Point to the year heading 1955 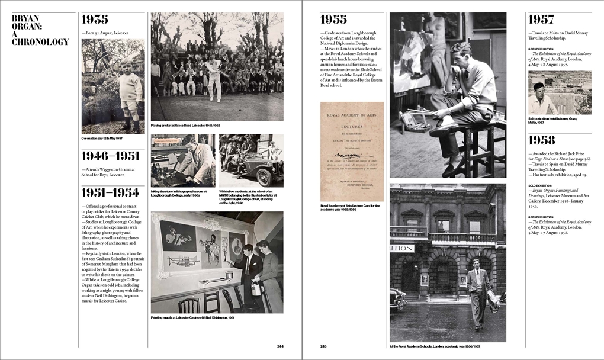pos(334,20)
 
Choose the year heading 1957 pos(541,20)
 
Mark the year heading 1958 pos(541,140)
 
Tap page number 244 pos(280,346)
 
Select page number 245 pos(323,346)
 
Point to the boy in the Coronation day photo pos(130,92)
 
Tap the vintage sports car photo pos(251,160)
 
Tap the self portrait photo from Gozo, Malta pos(559,92)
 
